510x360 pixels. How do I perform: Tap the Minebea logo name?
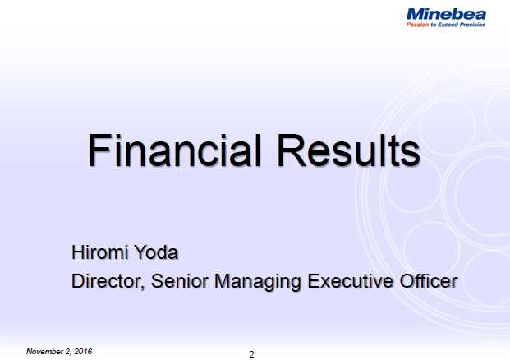pyautogui.click(x=446, y=13)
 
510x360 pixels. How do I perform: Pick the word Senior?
pyautogui.click(x=181, y=281)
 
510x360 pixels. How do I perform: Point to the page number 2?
pyautogui.click(x=252, y=354)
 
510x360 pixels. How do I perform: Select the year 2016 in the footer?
pyautogui.click(x=81, y=352)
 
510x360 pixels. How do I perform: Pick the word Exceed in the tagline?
pyautogui.click(x=446, y=25)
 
